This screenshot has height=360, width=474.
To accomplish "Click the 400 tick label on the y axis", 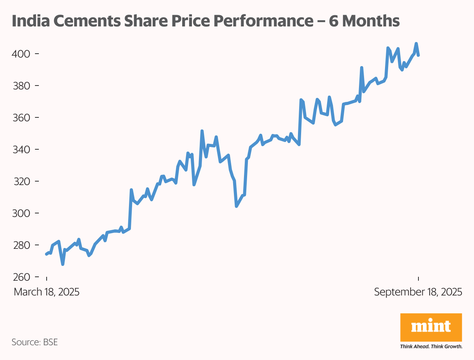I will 22,54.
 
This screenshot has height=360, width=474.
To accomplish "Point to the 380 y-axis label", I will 22,86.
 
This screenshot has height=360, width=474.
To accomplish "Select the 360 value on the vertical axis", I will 22,117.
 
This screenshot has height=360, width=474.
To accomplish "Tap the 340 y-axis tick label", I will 22,149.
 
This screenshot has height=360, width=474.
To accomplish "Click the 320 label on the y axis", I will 22,181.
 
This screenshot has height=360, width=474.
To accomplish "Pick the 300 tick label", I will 22,213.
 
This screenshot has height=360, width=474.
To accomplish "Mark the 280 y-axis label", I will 22,245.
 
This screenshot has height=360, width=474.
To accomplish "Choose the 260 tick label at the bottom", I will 22,277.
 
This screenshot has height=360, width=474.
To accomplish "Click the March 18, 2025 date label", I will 47,292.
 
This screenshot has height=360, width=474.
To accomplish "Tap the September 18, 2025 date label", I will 418,292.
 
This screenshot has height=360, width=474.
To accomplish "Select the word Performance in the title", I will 263,21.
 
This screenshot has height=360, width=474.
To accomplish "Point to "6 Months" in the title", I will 364,21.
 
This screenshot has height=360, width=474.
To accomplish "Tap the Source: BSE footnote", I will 35,343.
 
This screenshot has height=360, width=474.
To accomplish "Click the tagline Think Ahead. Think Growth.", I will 431,346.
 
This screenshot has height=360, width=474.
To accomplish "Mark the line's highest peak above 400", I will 416,44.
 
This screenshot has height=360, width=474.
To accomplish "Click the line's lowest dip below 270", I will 63,264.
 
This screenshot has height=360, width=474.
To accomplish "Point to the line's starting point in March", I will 46,254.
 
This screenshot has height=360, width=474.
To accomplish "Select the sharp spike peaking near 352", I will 202,131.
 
